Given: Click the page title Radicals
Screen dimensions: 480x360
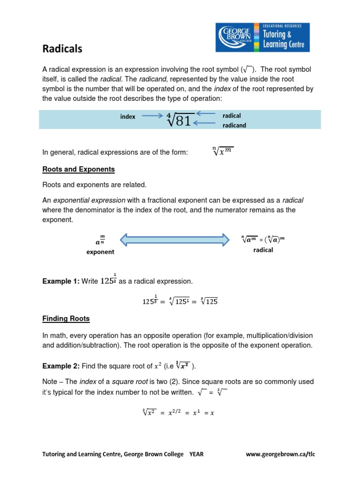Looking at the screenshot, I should point(62,49).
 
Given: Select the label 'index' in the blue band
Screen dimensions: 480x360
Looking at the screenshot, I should point(127,117).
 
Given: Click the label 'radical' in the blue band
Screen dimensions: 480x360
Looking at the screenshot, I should point(232,115).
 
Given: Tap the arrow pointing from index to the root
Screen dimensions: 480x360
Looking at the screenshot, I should point(153,116).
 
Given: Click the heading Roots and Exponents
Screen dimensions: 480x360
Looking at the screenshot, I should point(78,169).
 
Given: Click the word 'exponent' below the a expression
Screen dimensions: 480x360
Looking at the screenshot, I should point(100,252).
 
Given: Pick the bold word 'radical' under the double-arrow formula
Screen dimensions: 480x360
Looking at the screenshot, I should point(263,250).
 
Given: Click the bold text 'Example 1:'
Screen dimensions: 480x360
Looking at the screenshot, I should point(60,281).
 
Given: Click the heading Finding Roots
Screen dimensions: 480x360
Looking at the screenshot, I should point(66,319).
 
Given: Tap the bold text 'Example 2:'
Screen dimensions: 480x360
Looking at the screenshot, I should point(60,366).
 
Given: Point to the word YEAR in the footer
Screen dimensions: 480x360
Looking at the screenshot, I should point(196,454).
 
